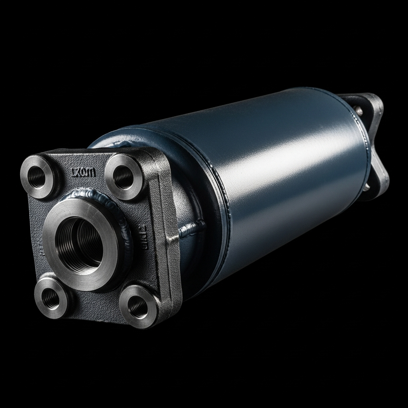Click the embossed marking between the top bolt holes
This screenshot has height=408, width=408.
(84, 173)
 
